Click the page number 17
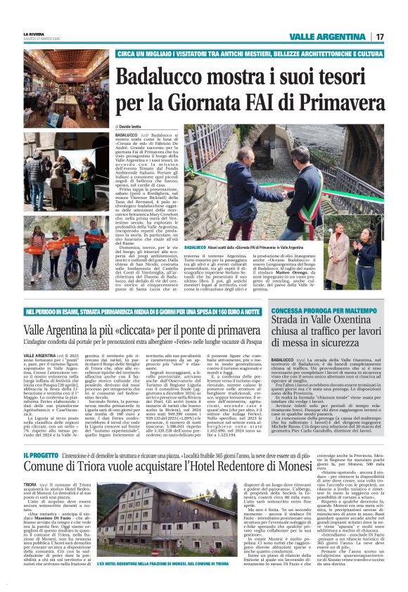point(379,37)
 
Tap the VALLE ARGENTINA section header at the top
point(328,37)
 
